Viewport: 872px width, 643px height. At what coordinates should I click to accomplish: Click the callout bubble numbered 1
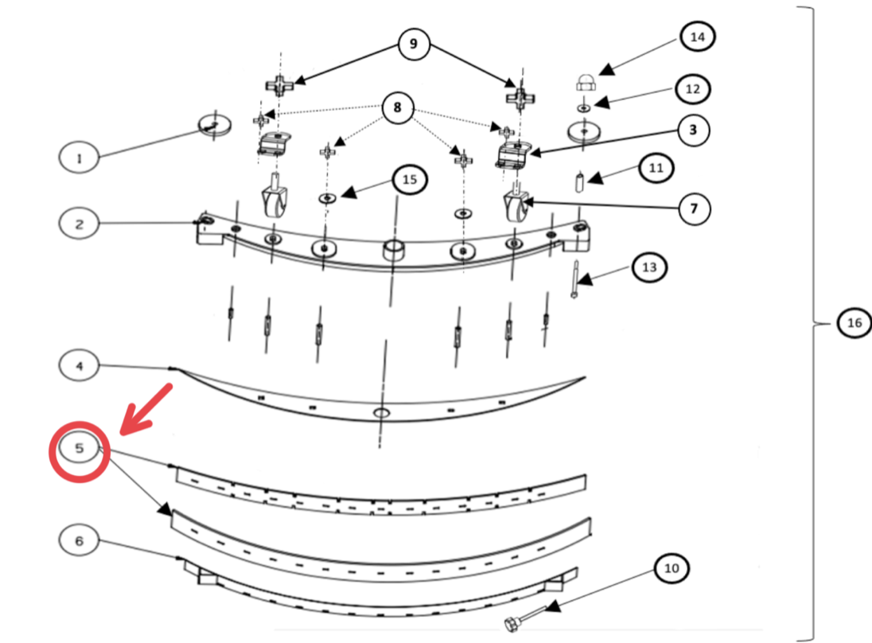(x=79, y=158)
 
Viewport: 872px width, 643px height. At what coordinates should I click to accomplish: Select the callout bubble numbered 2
(x=79, y=224)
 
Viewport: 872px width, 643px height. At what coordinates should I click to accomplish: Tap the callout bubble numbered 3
(x=693, y=130)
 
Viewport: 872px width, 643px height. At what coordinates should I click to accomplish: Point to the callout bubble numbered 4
(x=79, y=366)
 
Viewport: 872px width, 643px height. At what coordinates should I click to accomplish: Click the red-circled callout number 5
(x=79, y=449)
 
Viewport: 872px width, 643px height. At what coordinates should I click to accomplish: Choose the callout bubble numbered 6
(x=79, y=541)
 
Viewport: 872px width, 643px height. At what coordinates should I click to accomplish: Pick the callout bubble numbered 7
(x=693, y=209)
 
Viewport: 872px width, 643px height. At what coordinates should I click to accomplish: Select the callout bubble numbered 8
(x=398, y=107)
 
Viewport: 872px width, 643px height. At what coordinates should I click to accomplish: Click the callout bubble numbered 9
(x=413, y=44)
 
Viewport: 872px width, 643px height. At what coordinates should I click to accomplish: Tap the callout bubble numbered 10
(x=672, y=568)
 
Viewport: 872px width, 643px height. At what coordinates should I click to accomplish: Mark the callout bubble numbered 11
(x=656, y=168)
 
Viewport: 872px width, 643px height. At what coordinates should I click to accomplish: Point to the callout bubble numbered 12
(x=692, y=88)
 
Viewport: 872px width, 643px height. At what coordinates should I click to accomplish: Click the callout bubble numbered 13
(x=649, y=267)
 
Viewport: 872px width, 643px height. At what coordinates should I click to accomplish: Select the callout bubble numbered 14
(x=698, y=37)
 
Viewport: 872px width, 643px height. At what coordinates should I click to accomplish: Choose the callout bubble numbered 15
(x=410, y=180)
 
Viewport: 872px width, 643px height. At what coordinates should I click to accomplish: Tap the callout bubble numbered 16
(x=854, y=323)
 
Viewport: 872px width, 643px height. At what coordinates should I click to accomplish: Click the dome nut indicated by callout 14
(x=584, y=82)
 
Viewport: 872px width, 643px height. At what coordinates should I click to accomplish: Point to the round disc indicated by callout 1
(x=213, y=124)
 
